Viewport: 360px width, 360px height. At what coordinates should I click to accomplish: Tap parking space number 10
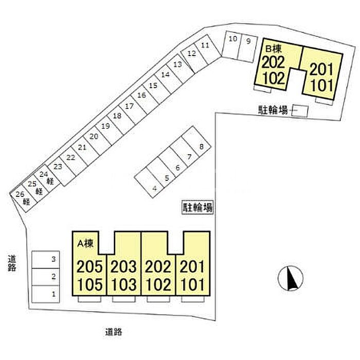(232, 39)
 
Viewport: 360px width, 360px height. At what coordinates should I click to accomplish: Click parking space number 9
(248, 41)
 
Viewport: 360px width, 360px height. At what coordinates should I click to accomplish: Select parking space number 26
(20, 194)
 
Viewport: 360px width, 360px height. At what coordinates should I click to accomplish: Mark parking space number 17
(129, 106)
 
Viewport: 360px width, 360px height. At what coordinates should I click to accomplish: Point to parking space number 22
(70, 158)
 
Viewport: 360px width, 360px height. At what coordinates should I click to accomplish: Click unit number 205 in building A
(89, 266)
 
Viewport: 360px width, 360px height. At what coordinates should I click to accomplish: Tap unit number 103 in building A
(124, 284)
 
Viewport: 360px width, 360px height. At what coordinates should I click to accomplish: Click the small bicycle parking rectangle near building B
(299, 110)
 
